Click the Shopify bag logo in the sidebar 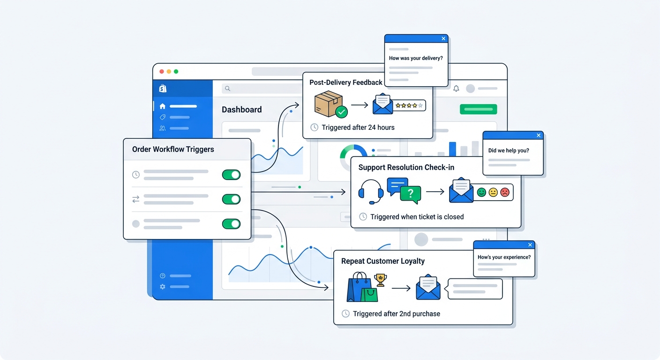tap(163, 89)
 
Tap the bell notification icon tap(456, 88)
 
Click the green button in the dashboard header tap(478, 109)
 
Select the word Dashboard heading tap(241, 110)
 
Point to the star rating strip tap(409, 105)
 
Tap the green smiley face tap(481, 192)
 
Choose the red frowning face tap(505, 192)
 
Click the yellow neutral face tap(493, 192)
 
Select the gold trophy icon tap(380, 280)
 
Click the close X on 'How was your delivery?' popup tap(443, 39)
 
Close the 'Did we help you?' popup tap(539, 135)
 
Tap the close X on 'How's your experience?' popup tap(530, 245)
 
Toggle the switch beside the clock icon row tap(231, 175)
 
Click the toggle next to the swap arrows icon tap(231, 199)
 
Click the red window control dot tap(162, 71)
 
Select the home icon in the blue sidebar tap(162, 106)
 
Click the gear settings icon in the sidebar tap(162, 286)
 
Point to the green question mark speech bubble tap(411, 194)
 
